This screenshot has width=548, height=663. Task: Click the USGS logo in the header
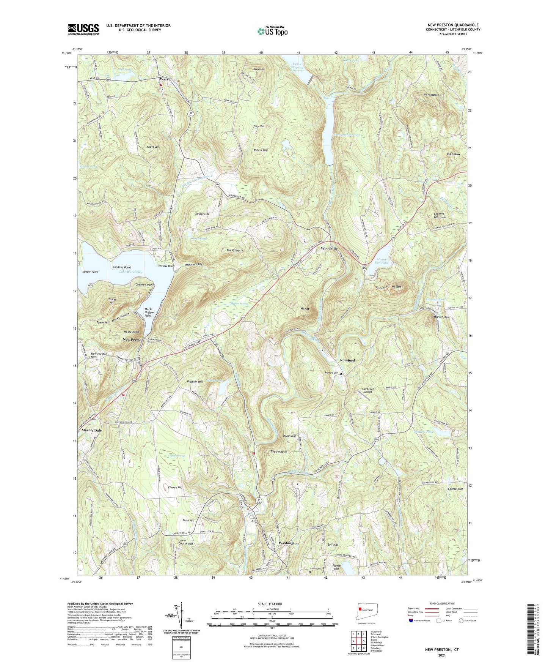coord(83,29)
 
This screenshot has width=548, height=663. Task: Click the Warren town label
coord(166,79)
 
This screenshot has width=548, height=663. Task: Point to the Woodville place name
coord(329,248)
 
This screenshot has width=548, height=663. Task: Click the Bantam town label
coord(453,154)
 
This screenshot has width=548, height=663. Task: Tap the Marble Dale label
coord(91,430)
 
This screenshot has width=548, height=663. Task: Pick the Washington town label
coord(288,543)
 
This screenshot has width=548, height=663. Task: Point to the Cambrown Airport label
coord(368,390)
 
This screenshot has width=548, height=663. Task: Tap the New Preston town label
coord(133,339)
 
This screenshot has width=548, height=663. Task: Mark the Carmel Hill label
coord(455,489)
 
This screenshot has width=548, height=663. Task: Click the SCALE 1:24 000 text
coord(271,604)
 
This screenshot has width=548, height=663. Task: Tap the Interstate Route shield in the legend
coord(411,620)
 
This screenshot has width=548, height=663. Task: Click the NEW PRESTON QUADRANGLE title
coord(453,25)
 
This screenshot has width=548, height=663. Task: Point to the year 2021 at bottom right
coord(441,655)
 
